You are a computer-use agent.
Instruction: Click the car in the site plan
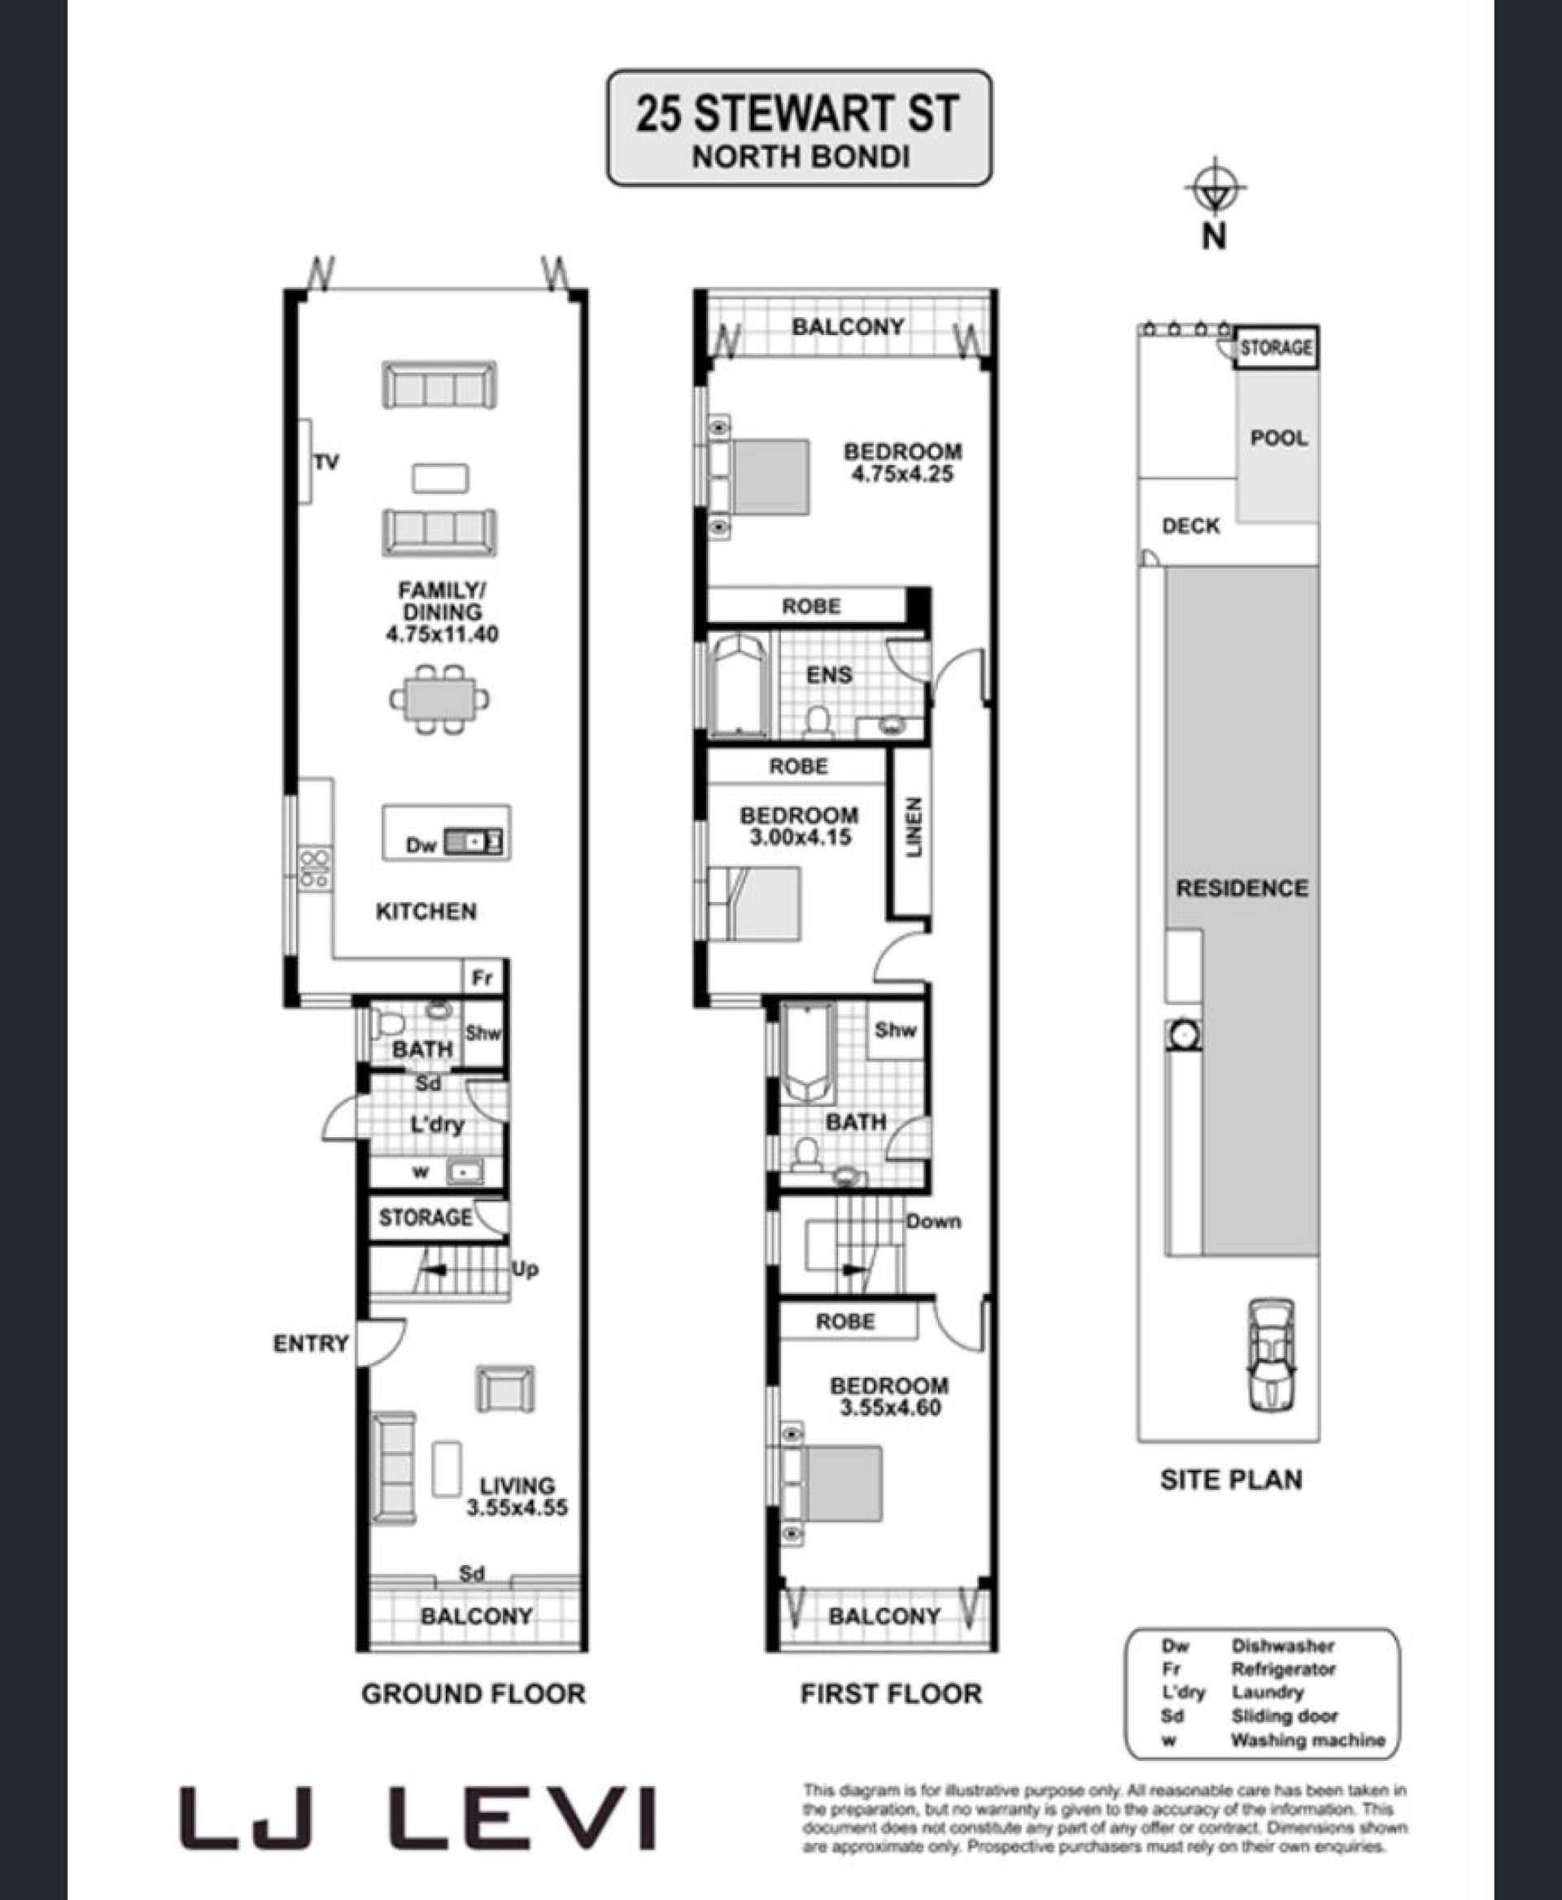click(1272, 1355)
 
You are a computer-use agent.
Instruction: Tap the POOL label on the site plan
click(1278, 438)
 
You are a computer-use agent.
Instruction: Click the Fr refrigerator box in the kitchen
click(483, 978)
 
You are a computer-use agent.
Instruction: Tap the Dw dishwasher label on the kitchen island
click(420, 845)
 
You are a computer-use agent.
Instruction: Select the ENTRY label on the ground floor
click(311, 1343)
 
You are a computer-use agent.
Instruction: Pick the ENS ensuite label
click(829, 675)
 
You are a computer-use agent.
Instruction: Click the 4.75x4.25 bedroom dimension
click(901, 474)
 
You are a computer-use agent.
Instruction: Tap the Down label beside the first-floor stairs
click(934, 1222)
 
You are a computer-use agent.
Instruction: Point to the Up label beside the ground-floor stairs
click(525, 1270)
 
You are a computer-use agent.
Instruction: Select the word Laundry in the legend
click(1267, 1692)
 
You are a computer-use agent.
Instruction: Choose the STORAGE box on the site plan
click(1276, 347)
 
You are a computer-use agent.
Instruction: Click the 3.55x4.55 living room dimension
click(517, 1507)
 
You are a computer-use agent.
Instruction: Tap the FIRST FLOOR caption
click(891, 1694)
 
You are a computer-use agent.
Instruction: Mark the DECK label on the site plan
click(1190, 525)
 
